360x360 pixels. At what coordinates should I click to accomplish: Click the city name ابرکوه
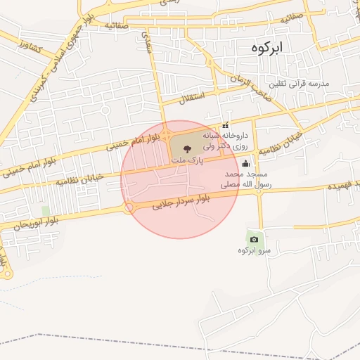[269, 48]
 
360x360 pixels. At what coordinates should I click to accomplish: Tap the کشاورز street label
[32, 50]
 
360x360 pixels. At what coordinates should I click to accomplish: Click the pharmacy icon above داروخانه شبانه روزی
[225, 125]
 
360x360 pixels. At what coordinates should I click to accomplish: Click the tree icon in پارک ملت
[186, 148]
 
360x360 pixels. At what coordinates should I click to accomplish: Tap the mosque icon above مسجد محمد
[245, 166]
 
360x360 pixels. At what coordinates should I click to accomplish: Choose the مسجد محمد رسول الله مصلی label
[241, 179]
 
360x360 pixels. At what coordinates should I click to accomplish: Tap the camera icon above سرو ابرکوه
[254, 239]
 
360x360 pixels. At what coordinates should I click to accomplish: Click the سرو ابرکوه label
[254, 250]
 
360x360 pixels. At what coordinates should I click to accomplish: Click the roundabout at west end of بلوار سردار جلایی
[129, 208]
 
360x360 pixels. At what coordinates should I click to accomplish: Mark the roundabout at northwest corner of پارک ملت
[167, 134]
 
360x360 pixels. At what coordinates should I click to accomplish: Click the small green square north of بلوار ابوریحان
[46, 211]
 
